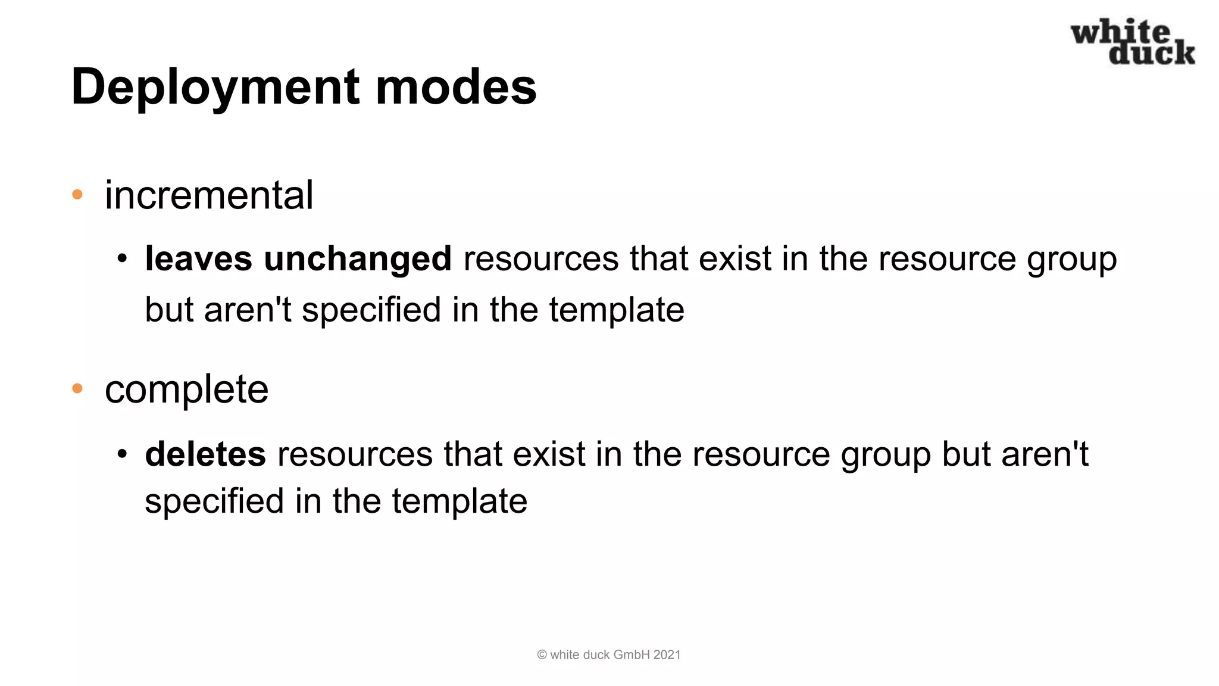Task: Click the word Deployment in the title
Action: point(215,88)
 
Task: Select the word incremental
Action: point(209,195)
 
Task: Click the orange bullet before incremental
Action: point(77,195)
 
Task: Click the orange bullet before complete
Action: point(77,389)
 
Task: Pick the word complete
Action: point(186,389)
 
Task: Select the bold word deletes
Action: point(205,454)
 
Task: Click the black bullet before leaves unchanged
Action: point(122,259)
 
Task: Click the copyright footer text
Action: point(609,654)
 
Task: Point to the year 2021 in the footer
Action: point(667,654)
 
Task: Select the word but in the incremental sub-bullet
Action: point(169,310)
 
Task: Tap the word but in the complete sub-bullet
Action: point(966,454)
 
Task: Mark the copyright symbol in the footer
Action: point(542,654)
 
